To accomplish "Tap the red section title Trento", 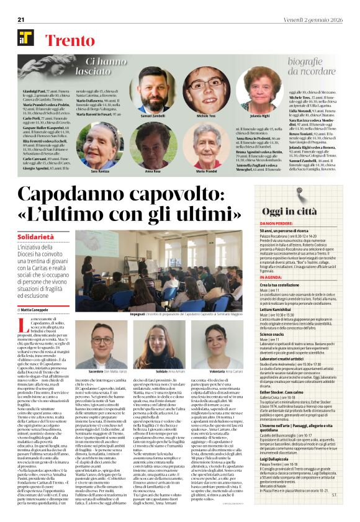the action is pos(69,38).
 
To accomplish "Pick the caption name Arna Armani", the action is pos(176,371).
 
